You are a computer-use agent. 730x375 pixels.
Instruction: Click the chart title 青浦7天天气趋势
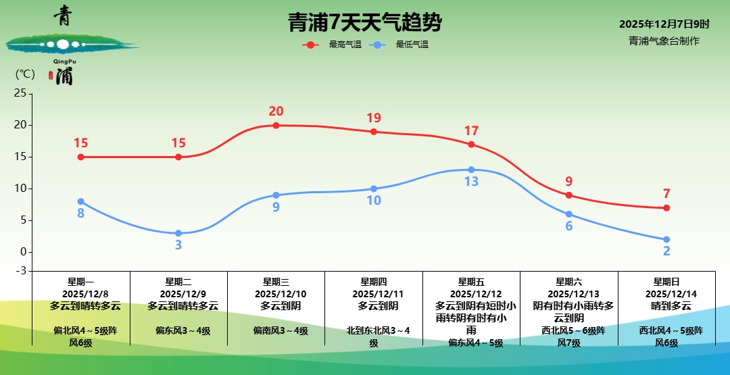click(364, 24)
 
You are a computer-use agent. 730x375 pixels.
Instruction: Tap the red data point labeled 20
click(276, 125)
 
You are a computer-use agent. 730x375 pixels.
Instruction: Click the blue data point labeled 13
click(471, 170)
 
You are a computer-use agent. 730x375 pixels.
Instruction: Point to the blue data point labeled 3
click(178, 233)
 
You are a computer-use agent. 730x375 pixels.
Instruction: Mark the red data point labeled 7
click(666, 207)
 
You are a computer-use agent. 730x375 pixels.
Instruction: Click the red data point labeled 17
click(471, 144)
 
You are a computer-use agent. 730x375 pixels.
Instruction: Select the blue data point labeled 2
click(666, 239)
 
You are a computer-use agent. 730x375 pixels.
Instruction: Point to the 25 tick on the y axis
click(20, 93)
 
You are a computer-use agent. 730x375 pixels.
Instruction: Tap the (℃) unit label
click(25, 74)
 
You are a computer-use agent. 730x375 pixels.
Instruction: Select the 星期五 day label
click(471, 282)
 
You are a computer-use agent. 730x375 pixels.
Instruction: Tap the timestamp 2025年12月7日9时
click(664, 24)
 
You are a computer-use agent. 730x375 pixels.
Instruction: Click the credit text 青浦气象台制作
click(664, 41)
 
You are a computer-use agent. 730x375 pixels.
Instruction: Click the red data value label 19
click(374, 118)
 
